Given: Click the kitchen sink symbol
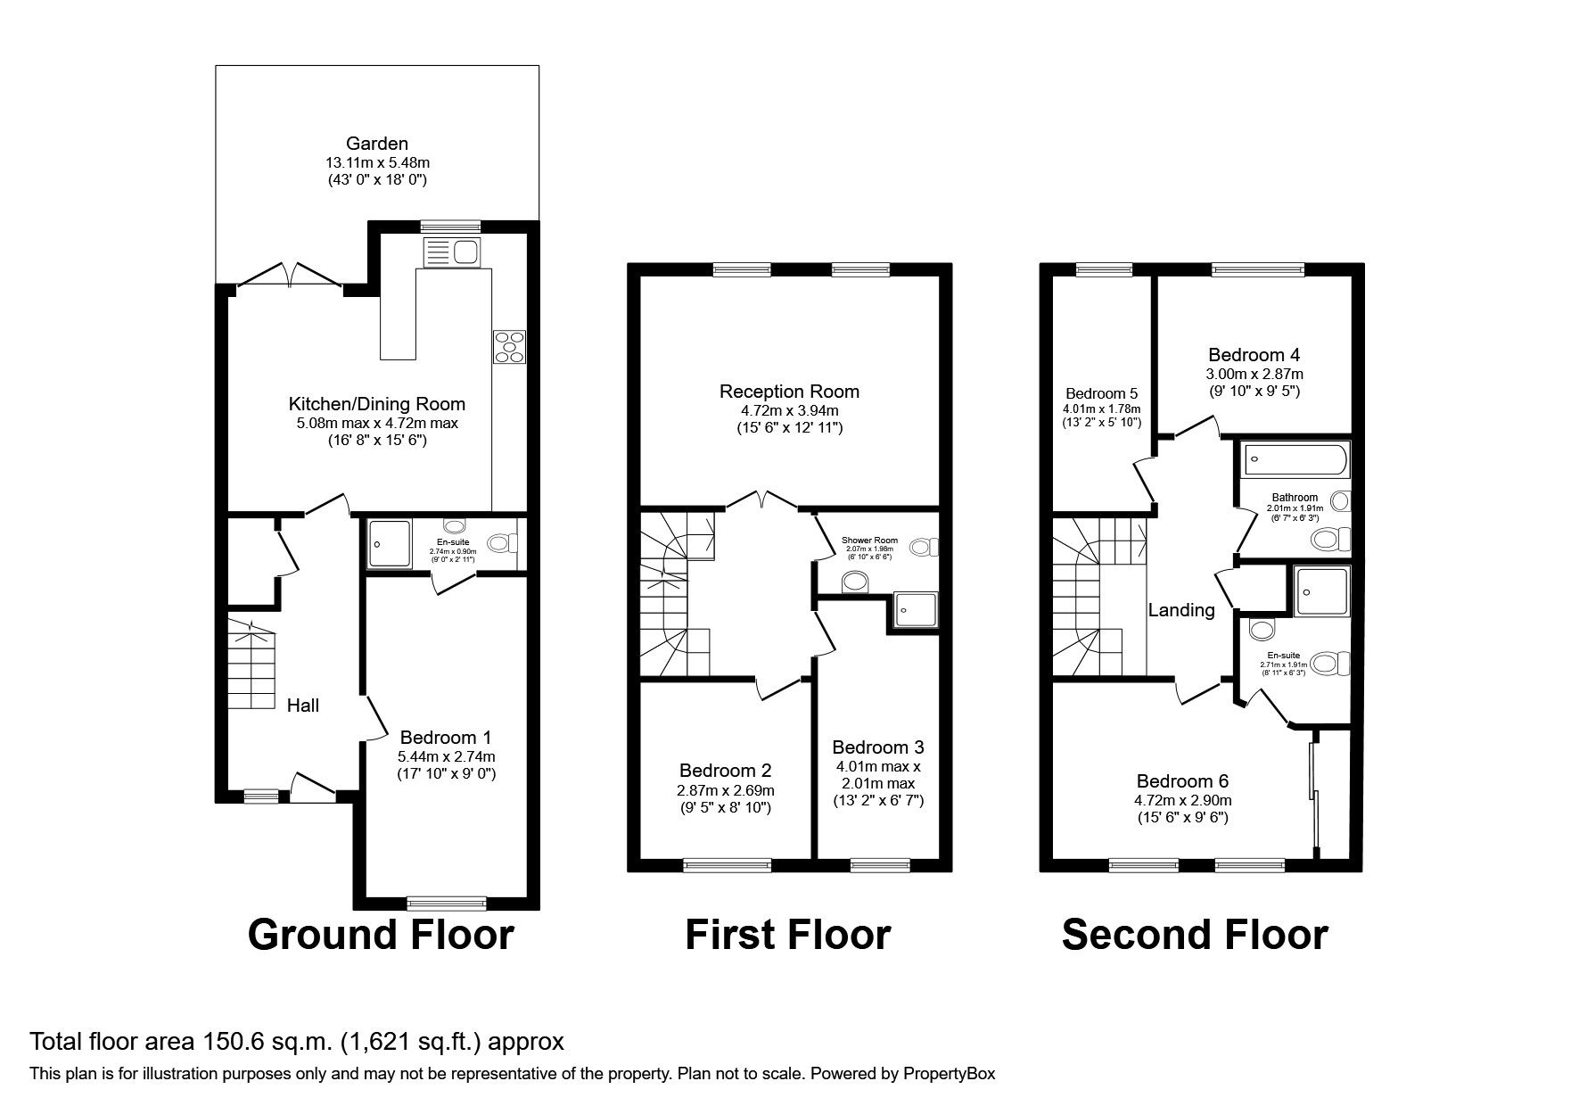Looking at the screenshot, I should click(452, 252).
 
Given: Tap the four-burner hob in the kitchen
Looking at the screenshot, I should click(509, 346).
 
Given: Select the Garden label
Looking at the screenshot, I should click(377, 144).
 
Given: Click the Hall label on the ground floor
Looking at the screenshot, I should click(303, 706).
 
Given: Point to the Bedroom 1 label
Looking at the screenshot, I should click(446, 738).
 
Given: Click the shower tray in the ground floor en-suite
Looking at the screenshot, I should click(390, 543).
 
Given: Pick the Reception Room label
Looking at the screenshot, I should click(789, 391).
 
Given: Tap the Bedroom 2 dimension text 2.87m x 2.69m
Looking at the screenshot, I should click(725, 790).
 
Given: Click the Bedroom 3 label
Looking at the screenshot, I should click(878, 747).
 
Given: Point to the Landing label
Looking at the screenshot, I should click(1181, 610).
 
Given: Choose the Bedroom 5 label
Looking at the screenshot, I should click(1102, 393).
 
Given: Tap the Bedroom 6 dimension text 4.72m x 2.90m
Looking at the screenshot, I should click(1183, 800).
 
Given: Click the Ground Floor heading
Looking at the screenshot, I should click(381, 935).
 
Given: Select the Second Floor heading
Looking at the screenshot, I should click(1195, 935).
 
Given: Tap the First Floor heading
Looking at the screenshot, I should click(787, 935).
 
